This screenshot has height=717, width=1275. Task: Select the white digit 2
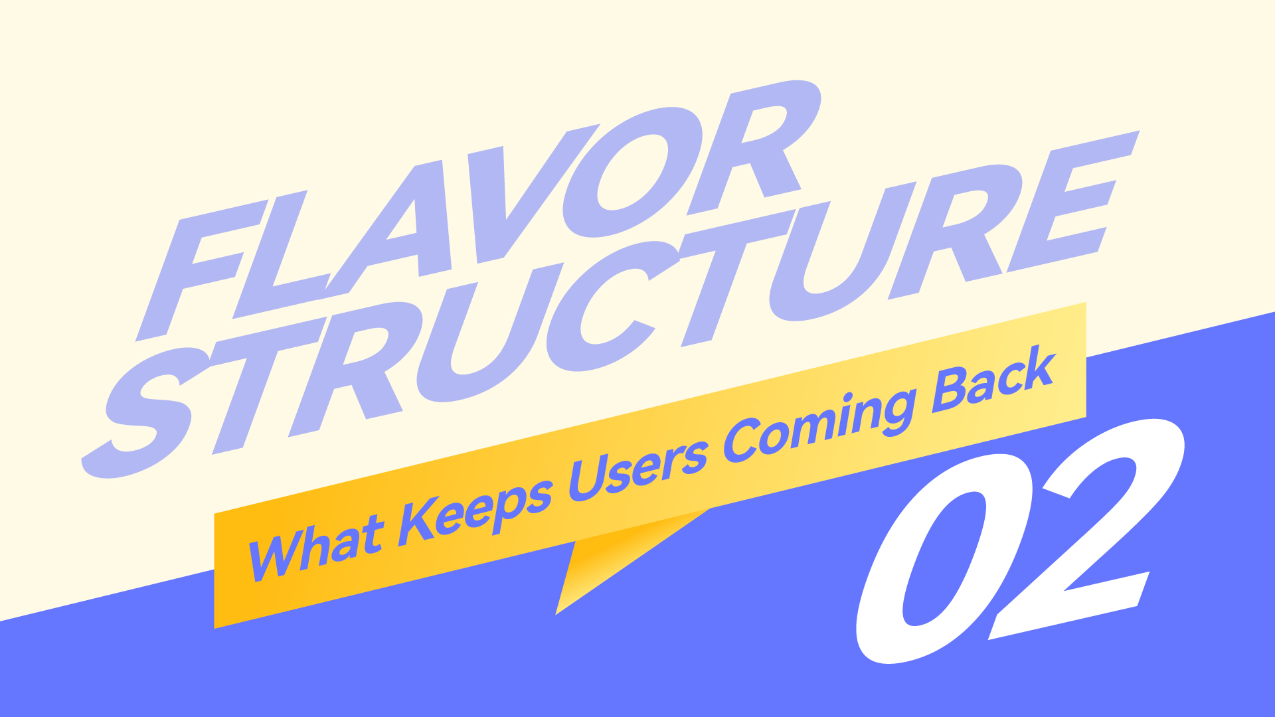1089,524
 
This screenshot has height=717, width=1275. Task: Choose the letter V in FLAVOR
525,193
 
